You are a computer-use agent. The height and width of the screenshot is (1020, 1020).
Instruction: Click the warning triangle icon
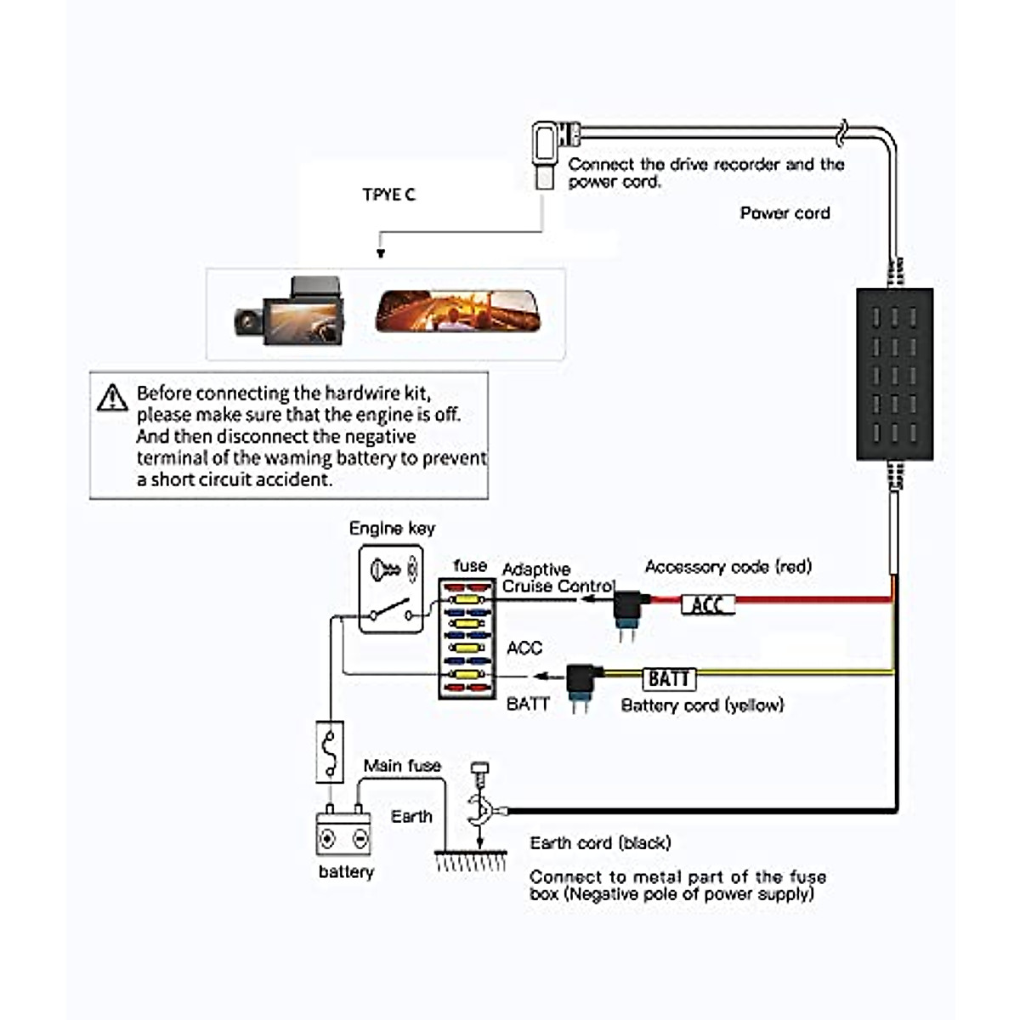click(x=112, y=398)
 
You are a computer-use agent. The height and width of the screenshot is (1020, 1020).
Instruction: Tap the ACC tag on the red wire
click(x=707, y=604)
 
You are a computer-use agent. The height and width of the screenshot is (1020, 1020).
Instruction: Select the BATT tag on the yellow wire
click(x=669, y=678)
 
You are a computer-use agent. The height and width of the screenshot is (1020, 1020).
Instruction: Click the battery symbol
click(x=343, y=834)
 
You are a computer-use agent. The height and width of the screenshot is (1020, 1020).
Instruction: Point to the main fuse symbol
click(x=330, y=751)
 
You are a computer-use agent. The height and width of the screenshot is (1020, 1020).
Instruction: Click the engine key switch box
click(x=391, y=589)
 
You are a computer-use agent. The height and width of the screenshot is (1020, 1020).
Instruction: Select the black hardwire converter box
click(x=894, y=374)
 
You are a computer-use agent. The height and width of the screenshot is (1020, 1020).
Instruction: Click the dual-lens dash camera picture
click(x=291, y=311)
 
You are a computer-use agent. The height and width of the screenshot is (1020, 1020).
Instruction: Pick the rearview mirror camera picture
click(x=469, y=311)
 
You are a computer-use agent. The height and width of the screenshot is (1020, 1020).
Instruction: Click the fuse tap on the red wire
click(x=627, y=608)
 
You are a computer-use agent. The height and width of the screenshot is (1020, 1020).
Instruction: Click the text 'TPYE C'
click(x=389, y=195)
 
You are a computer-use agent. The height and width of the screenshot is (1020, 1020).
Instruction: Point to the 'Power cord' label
click(x=785, y=213)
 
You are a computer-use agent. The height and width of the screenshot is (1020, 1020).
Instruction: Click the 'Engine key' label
click(x=392, y=529)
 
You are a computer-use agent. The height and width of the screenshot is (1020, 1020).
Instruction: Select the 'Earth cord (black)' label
click(x=600, y=843)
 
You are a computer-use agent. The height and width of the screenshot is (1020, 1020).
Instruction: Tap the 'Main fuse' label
click(x=402, y=766)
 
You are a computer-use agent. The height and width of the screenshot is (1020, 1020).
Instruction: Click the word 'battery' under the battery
click(x=346, y=872)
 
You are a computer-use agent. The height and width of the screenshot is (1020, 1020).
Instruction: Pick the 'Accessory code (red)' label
click(x=728, y=567)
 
